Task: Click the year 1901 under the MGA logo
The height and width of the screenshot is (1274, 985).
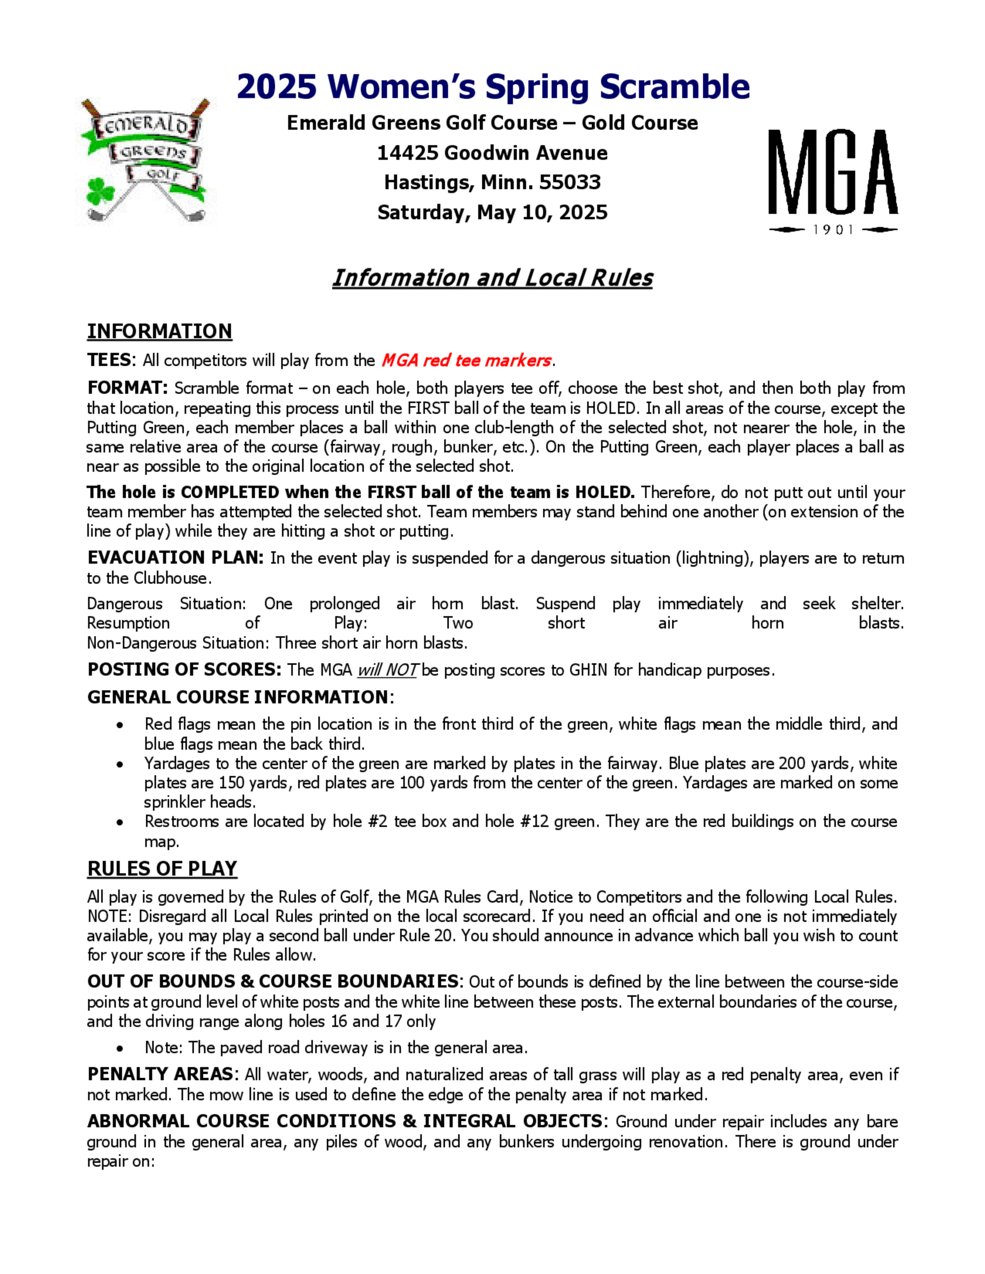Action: coord(833,230)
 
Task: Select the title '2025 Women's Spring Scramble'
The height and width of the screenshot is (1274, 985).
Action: coord(493,87)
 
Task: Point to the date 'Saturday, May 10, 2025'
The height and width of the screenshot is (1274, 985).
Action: coord(492,212)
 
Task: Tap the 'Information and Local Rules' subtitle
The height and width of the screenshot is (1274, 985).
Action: coord(492,278)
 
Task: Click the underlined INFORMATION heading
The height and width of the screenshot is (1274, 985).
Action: coord(159,331)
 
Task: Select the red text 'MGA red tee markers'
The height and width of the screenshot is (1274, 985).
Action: coord(465,360)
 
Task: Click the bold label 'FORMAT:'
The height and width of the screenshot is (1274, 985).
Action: coord(128,388)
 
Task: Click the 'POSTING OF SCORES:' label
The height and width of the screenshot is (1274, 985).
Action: coord(184,669)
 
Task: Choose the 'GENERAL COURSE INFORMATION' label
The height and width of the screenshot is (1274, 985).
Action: coord(237,697)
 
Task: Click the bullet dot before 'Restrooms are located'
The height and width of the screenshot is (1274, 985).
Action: coord(120,823)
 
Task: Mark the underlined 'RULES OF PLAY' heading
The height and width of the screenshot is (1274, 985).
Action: coord(162,868)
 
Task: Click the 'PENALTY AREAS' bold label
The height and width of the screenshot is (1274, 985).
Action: coord(160,1074)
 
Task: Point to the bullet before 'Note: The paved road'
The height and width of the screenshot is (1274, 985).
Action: coord(120,1048)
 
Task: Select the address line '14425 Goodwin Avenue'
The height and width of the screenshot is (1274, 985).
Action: coord(492,153)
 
